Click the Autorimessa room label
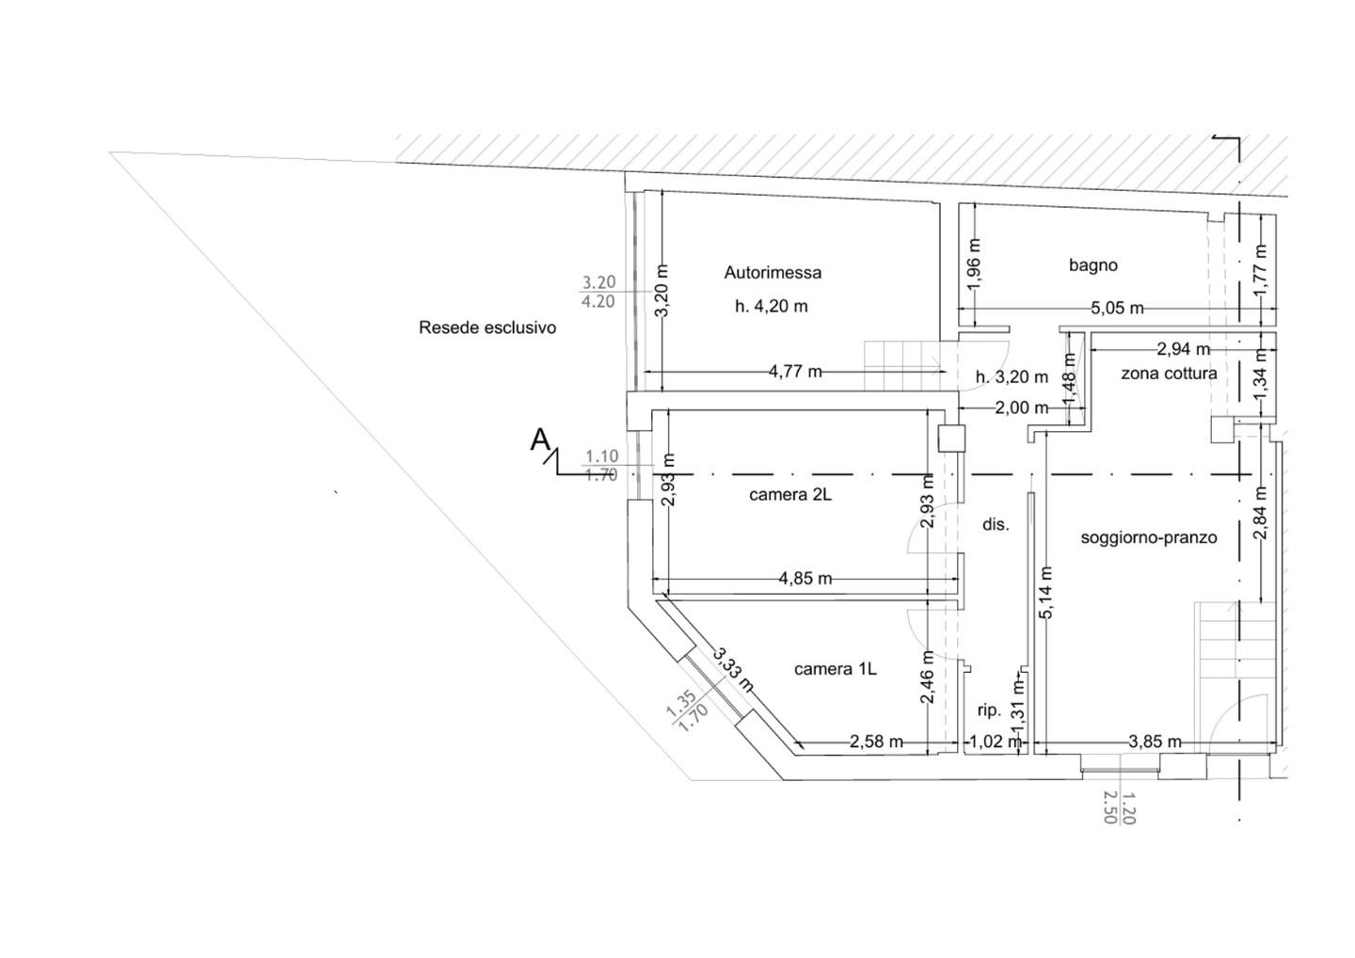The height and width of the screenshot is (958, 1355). [x=773, y=273]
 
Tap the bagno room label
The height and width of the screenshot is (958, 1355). [x=1093, y=264]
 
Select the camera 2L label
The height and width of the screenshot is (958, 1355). [x=790, y=495]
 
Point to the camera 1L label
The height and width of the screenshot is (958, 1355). [x=835, y=669]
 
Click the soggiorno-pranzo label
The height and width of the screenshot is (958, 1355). [x=1149, y=537]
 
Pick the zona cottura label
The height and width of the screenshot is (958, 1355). [x=1169, y=374]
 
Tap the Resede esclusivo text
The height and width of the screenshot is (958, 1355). [x=487, y=327]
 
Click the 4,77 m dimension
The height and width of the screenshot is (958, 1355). [x=795, y=372]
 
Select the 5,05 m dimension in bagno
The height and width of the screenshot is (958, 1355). [x=1117, y=309]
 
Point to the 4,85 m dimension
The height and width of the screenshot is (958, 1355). [x=805, y=579]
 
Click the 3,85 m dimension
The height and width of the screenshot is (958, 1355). [x=1155, y=742]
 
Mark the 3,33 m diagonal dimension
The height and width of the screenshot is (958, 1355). [x=732, y=671]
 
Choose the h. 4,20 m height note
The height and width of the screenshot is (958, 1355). [x=772, y=307]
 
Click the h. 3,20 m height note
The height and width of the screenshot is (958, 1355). [x=1012, y=377]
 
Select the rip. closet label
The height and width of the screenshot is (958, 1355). [x=990, y=711]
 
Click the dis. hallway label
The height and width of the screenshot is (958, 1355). [x=996, y=524]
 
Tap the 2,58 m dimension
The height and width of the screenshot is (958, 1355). [x=877, y=742]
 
